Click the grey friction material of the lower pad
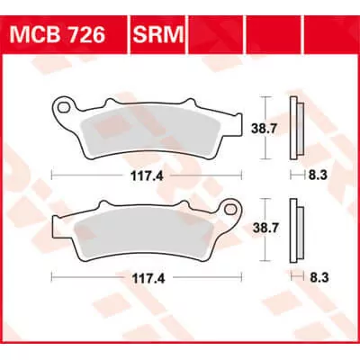148,235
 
